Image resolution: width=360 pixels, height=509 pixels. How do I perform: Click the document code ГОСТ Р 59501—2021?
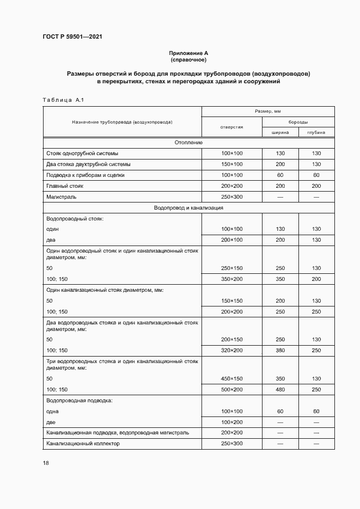coord(72,37)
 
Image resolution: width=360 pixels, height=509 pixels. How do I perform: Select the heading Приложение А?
coord(188,53)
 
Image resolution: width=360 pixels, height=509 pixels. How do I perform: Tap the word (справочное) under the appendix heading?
coord(188,59)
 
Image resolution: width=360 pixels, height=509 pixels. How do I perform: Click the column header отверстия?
coord(231,127)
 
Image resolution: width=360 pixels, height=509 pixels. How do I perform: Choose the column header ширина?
coord(280,132)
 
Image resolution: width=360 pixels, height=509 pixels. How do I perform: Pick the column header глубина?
coord(316,132)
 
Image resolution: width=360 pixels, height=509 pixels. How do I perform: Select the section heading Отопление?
coord(188,143)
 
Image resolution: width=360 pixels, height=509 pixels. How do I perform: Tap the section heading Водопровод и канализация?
coord(188,207)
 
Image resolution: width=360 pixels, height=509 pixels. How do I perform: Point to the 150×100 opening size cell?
coord(231,164)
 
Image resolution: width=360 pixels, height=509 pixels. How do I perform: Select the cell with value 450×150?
coord(231,378)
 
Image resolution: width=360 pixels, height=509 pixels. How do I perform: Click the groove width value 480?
coord(280,389)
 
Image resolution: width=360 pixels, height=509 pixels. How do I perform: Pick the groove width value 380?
coord(280,350)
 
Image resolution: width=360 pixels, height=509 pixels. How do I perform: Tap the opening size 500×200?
coord(231,389)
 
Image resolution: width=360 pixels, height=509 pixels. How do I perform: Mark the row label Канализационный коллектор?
coord(83,444)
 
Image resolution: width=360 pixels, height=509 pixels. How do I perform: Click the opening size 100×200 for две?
coord(231,422)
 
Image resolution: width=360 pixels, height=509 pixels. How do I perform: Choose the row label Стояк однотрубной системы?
coord(82,154)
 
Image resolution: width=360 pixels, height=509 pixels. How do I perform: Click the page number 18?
coord(46,463)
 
